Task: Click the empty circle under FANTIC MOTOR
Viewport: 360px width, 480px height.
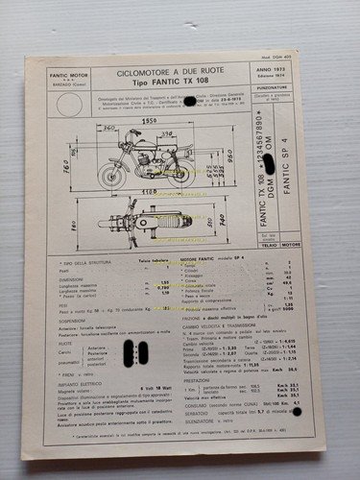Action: point(70,104)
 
